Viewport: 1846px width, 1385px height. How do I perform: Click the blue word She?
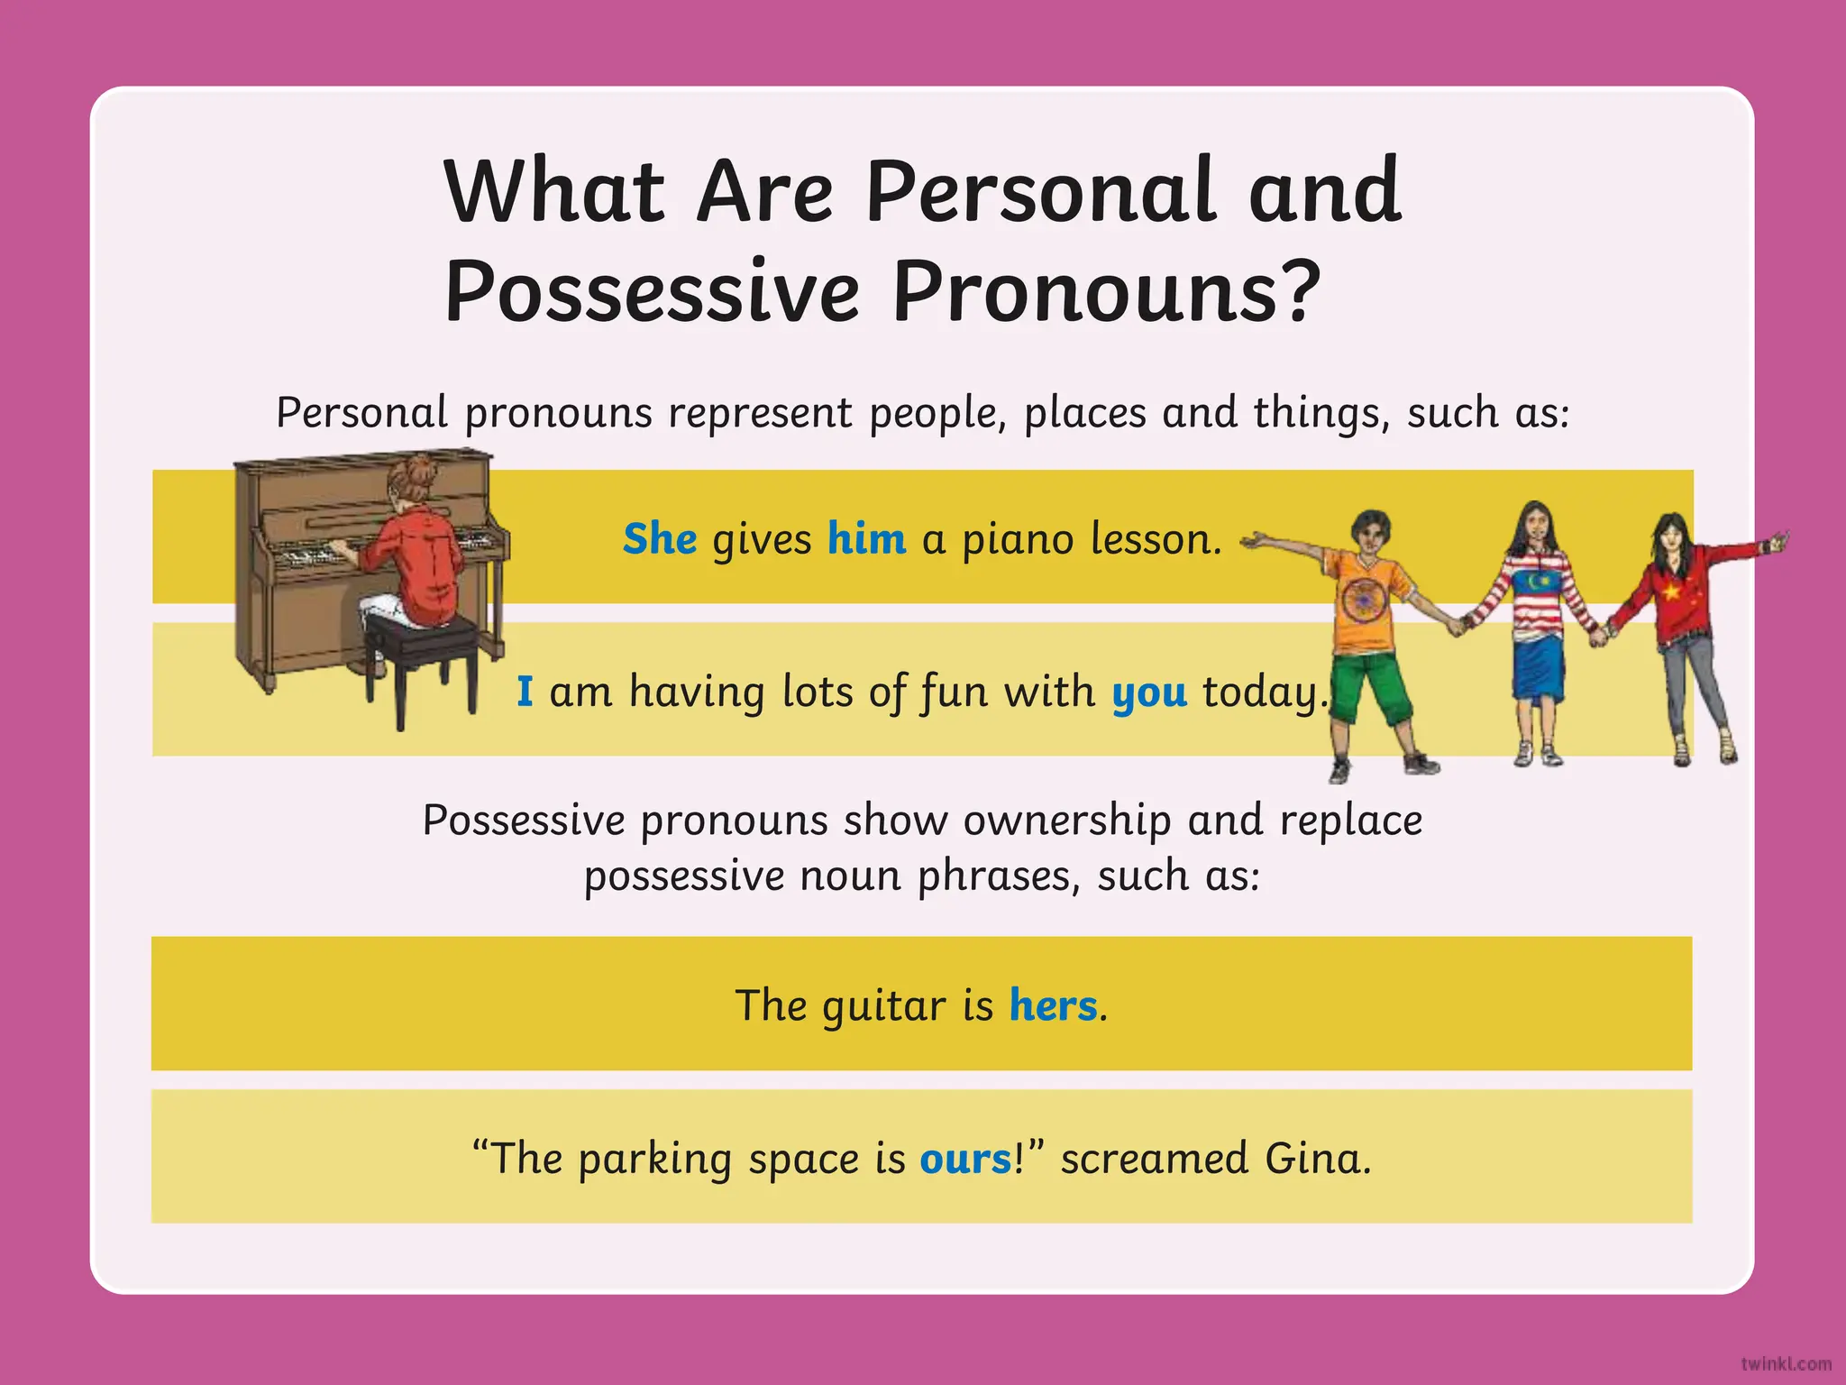point(660,539)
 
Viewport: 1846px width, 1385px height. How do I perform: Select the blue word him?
point(866,539)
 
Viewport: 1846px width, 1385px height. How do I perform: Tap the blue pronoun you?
point(1149,692)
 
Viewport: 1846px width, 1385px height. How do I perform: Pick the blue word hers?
point(1053,1005)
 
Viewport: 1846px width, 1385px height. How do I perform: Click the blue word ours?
point(965,1159)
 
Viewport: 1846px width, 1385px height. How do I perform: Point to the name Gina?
point(1317,1159)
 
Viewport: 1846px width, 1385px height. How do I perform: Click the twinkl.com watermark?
point(1786,1364)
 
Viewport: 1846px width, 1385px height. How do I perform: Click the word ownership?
point(1067,821)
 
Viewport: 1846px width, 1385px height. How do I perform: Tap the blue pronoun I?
point(525,692)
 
